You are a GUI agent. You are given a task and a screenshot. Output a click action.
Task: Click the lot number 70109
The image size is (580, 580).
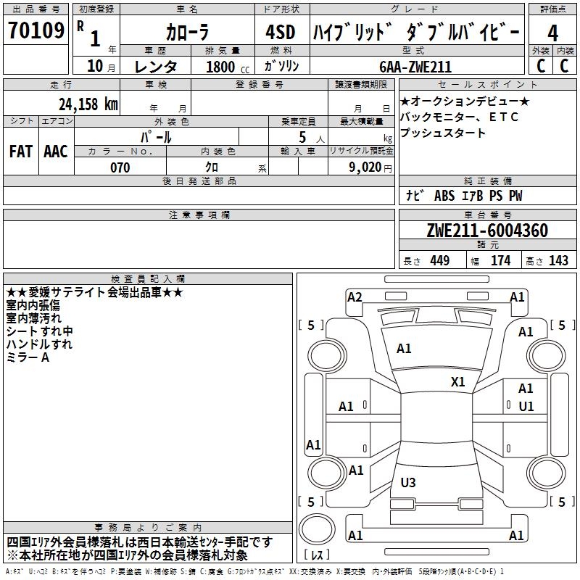[x=36, y=31]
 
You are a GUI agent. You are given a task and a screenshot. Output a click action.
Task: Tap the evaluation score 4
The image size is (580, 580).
[x=552, y=33]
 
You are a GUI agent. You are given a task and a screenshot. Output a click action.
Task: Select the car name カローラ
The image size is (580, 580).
[x=187, y=32]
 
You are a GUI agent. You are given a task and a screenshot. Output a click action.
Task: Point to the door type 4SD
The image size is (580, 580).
[x=281, y=32]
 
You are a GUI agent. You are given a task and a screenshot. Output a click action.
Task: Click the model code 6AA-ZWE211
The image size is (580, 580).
[x=415, y=67]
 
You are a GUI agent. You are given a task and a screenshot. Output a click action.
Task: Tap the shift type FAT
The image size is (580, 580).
[x=21, y=151]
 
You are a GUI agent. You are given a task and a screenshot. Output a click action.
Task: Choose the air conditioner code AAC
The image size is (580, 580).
[x=56, y=151]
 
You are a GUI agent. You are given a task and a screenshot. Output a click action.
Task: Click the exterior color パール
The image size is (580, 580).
[x=156, y=136]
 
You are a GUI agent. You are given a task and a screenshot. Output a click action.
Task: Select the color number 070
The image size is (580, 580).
[x=120, y=167]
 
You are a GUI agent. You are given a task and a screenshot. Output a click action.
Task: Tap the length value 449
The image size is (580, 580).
[x=437, y=261]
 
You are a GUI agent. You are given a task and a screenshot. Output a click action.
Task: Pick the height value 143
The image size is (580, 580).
[x=558, y=261]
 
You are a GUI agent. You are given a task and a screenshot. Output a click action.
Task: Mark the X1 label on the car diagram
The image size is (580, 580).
[x=458, y=382]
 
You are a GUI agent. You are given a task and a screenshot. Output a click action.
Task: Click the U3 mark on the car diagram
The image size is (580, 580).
[x=408, y=482]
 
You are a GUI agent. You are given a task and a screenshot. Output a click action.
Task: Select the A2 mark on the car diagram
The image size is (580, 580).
[x=355, y=297]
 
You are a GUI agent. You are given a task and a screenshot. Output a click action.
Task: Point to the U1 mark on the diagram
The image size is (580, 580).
[x=526, y=407]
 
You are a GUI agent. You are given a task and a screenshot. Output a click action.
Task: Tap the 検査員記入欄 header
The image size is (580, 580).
[x=148, y=278]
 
